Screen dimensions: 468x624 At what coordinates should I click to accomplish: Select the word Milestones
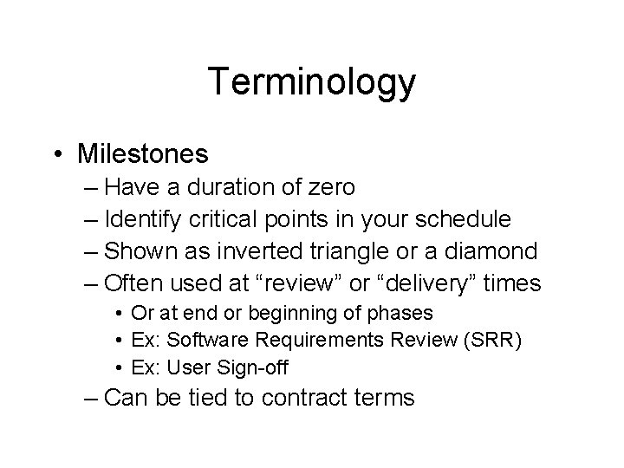pos(142,154)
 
